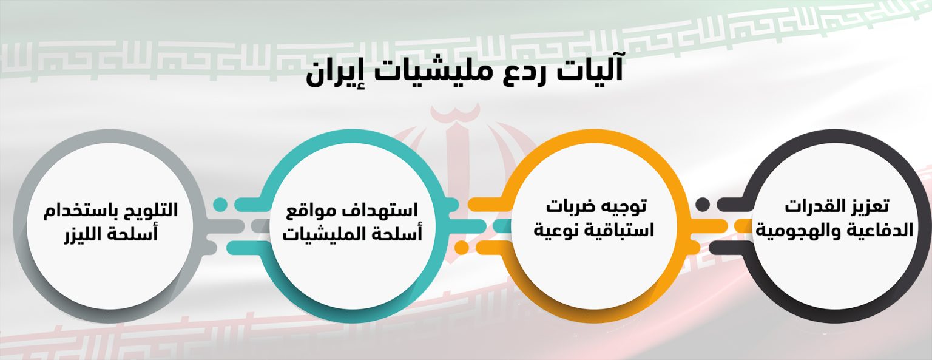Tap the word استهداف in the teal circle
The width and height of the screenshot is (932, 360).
coord(379,211)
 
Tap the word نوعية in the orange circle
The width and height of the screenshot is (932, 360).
coord(555,231)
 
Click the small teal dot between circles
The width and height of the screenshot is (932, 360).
coord(220,205)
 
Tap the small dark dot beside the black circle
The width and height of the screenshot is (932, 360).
coord(703,205)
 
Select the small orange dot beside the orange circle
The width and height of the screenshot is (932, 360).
coord(462,247)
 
